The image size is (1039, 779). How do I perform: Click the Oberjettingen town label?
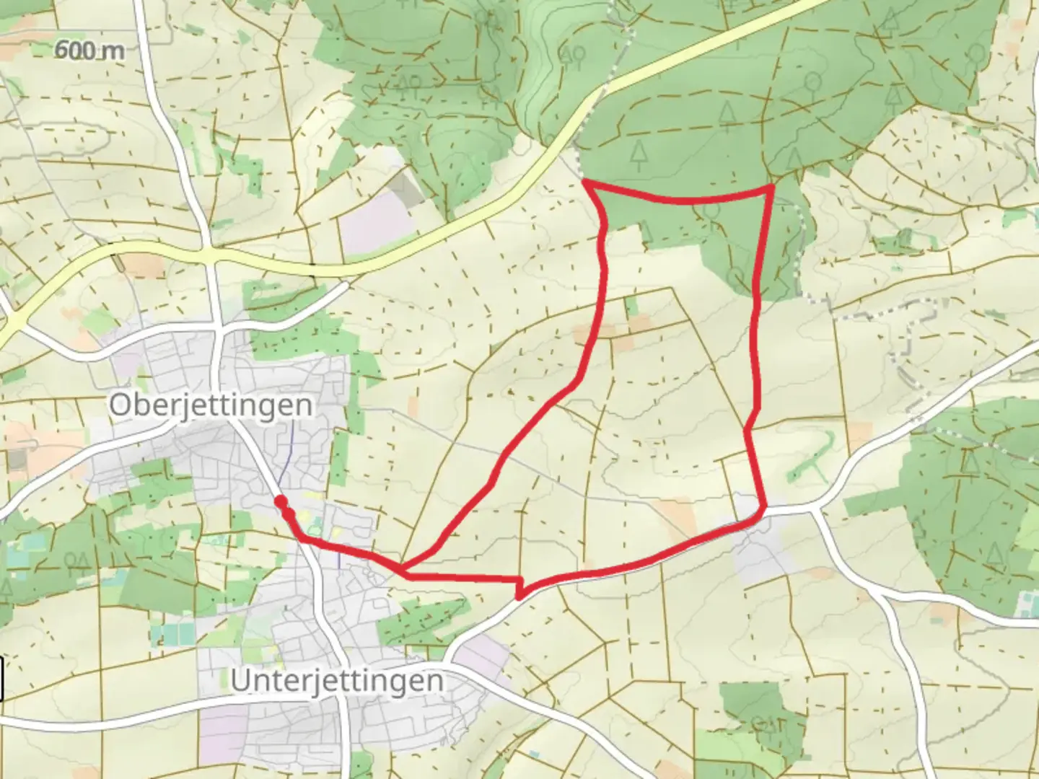(x=211, y=405)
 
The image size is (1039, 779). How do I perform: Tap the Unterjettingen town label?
(x=337, y=681)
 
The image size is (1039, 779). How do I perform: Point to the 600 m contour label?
(x=89, y=50)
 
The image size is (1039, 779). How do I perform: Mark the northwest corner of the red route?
(x=586, y=184)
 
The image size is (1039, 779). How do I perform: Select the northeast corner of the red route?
(x=771, y=188)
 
